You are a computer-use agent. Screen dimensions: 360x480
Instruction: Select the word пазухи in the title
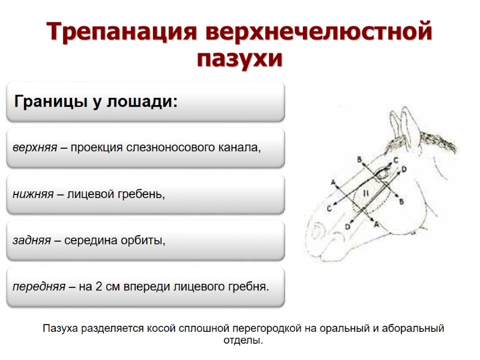coord(239,59)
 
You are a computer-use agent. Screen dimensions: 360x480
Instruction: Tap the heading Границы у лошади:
coord(95,101)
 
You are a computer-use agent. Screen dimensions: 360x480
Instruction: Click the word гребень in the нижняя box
coord(141,194)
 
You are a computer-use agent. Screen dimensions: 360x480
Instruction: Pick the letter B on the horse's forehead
coord(359,159)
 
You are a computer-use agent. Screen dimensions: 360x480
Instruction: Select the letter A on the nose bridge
coord(333,181)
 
